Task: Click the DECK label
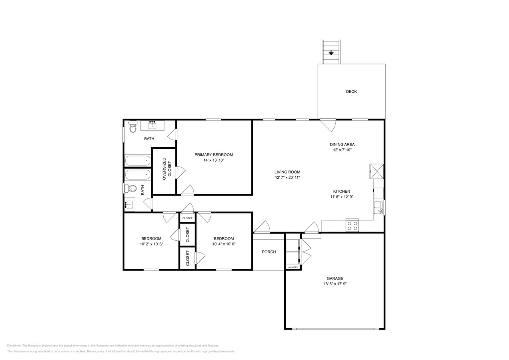351,92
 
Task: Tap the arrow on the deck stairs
331,52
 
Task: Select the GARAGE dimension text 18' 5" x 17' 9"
335,284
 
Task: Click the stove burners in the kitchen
352,226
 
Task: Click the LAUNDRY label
293,267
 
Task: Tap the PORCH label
269,252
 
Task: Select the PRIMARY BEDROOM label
213,155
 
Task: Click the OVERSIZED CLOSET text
166,169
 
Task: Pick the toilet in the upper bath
132,128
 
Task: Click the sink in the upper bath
152,126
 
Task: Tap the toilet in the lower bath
131,188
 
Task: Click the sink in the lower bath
129,205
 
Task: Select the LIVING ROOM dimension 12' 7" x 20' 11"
287,178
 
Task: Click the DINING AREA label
342,144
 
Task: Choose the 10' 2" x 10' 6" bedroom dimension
151,244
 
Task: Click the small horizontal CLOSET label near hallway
187,218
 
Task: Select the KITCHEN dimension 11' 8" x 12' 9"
341,197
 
